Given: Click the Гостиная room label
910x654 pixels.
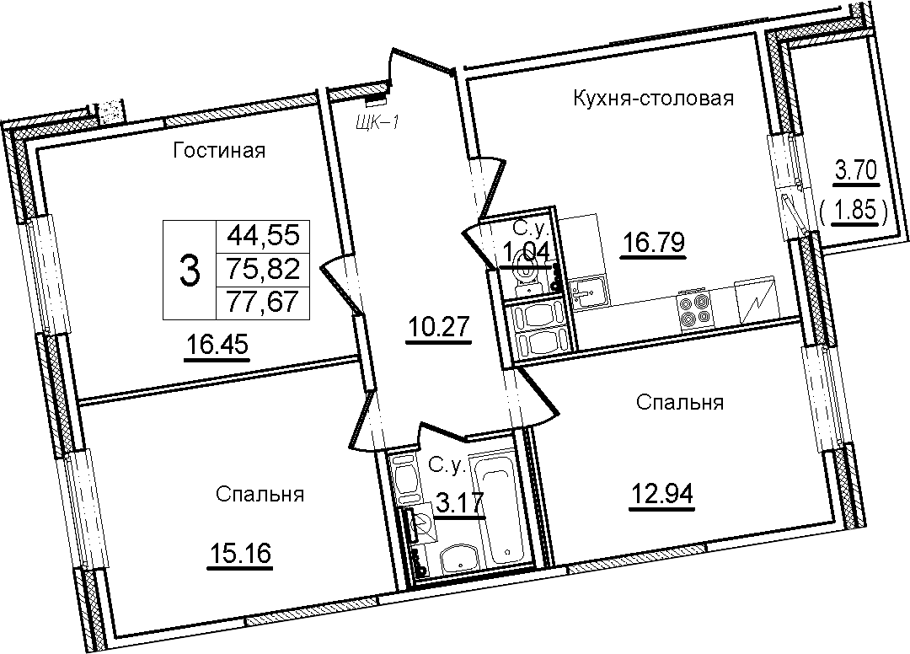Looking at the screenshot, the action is [219, 151].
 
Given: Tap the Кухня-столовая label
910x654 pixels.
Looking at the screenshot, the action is [654, 99].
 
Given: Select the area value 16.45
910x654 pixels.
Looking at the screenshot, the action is [217, 345].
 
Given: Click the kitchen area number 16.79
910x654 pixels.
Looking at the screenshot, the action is [654, 242].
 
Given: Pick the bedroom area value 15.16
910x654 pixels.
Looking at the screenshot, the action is [239, 553].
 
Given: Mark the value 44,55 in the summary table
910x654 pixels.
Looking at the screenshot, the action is [264, 236].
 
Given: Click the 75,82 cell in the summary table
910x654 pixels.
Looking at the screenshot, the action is [264, 269].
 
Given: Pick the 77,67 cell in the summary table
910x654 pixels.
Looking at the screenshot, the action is [264, 302].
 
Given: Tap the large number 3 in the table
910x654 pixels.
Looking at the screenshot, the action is [190, 271].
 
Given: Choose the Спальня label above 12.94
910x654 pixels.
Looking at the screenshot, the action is [680, 402].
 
